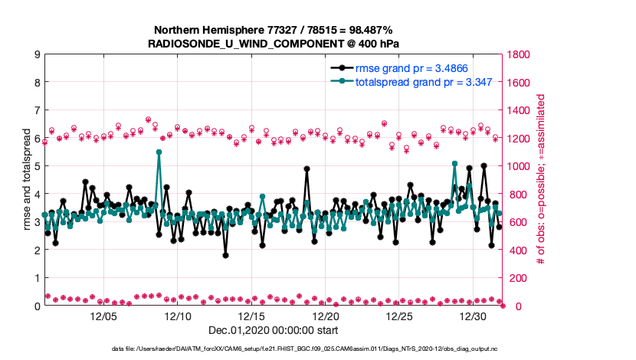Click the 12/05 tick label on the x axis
(x=103, y=316)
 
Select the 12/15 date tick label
(x=252, y=316)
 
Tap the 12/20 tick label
(x=326, y=316)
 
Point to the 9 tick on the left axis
(x=37, y=54)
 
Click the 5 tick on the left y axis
(x=37, y=166)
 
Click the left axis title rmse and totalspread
(x=25, y=180)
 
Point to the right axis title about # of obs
(x=541, y=180)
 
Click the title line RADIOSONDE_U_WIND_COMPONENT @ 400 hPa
(x=274, y=43)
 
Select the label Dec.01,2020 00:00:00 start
(x=274, y=332)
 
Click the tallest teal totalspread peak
(x=159, y=152)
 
